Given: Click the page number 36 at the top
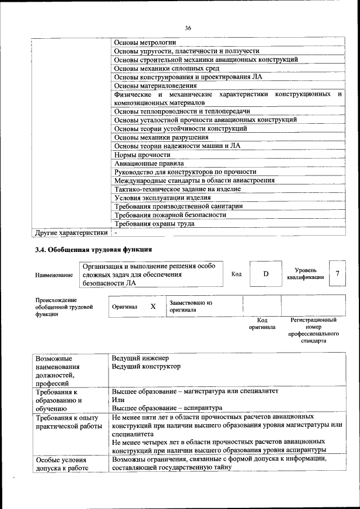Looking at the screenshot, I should pyautogui.click(x=187, y=28).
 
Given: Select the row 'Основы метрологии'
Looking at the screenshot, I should pyautogui.click(x=145, y=42).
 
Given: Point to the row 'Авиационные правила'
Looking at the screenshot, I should pyautogui.click(x=148, y=164).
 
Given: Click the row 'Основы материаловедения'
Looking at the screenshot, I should pyautogui.click(x=155, y=85).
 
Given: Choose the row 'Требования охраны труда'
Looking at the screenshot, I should pyautogui.click(x=154, y=223).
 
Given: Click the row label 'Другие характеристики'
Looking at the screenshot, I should pyautogui.click(x=71, y=232).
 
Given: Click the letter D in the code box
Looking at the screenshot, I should pyautogui.click(x=266, y=274).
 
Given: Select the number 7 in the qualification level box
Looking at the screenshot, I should pyautogui.click(x=337, y=273).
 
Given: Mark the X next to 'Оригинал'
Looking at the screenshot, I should pyautogui.click(x=152, y=307).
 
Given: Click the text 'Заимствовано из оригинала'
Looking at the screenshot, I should pyautogui.click(x=191, y=306).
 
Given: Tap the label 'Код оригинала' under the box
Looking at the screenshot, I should pyautogui.click(x=262, y=323).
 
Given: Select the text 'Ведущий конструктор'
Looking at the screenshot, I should pyautogui.click(x=146, y=367).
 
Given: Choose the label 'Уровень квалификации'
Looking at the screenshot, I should pyautogui.click(x=305, y=274).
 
